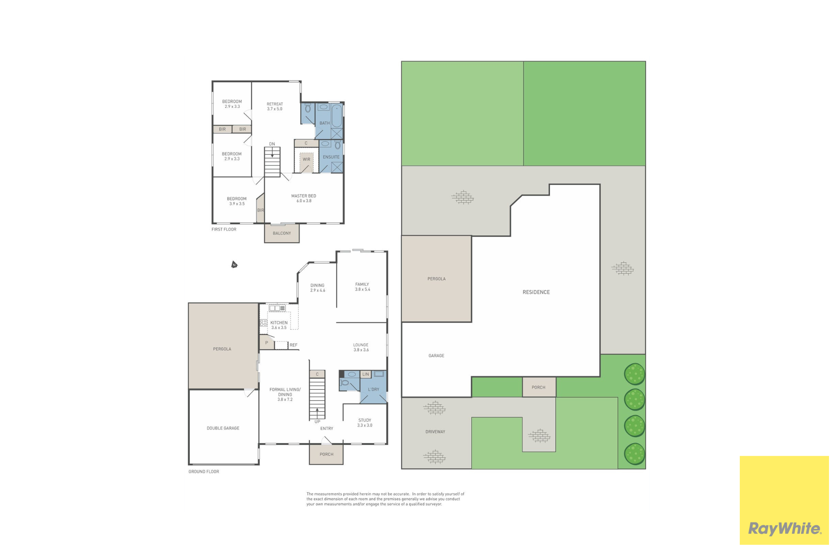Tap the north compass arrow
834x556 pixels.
pyautogui.click(x=234, y=264)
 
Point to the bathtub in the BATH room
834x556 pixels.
pyautogui.click(x=337, y=116)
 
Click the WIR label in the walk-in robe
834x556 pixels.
pyautogui.click(x=306, y=160)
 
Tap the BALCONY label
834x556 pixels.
pyautogui.click(x=282, y=233)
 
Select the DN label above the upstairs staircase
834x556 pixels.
pyautogui.click(x=272, y=144)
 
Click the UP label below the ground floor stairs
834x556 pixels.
pyautogui.click(x=317, y=422)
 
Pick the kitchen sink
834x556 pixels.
pyautogui.click(x=277, y=308)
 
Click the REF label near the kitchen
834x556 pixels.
pyautogui.click(x=294, y=345)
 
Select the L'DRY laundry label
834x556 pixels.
pyautogui.click(x=374, y=389)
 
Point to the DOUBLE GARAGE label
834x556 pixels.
pyautogui.click(x=223, y=428)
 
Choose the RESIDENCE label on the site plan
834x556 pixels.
pyautogui.click(x=536, y=292)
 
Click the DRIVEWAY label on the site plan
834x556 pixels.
pyautogui.click(x=435, y=432)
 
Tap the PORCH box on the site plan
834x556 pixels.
pyautogui.click(x=539, y=387)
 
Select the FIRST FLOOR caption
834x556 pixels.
pyautogui.click(x=224, y=229)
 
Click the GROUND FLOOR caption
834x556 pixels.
pyautogui.click(x=204, y=472)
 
